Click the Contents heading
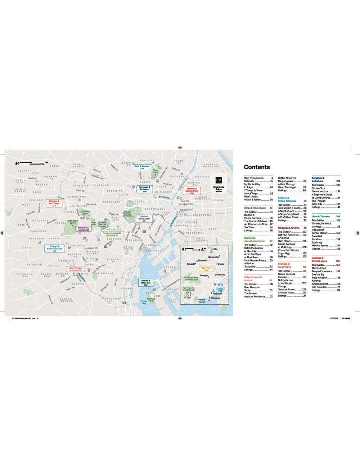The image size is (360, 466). coord(257,167)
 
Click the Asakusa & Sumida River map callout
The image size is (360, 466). coord(192,191)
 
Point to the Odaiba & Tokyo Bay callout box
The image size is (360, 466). coord(146,283)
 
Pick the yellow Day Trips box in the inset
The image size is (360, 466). coord(206,269)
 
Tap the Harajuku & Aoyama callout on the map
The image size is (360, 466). coord(83,229)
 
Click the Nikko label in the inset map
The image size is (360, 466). coord(215,249)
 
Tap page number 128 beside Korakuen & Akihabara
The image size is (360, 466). coord(338,181)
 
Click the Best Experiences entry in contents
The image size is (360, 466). coord(254,178)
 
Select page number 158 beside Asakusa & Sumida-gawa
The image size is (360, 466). coord(338,261)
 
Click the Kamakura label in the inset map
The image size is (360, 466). coord(215,298)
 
